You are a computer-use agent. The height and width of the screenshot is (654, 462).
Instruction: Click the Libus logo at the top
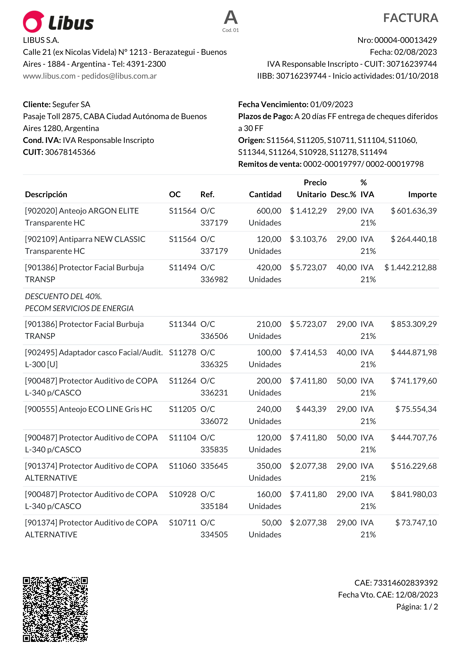58,22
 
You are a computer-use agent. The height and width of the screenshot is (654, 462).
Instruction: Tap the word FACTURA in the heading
410,18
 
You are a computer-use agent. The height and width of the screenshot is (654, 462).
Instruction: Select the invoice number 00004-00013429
405,40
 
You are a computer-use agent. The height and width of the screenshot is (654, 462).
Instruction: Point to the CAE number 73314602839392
405,583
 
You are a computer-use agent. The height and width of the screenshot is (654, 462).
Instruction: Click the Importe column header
422,195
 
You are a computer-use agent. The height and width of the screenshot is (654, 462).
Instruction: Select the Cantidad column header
265,195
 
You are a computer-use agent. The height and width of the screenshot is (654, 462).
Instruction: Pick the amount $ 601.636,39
414,211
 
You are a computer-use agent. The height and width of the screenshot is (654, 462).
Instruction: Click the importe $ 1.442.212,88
410,267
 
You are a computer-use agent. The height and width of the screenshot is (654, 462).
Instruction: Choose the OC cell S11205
182,409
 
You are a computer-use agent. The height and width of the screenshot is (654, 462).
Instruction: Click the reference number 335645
214,466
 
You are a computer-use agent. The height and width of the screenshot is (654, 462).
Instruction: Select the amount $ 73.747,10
416,523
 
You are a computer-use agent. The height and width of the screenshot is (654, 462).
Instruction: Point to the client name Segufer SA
71,105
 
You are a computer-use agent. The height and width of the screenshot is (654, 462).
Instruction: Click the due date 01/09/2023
331,105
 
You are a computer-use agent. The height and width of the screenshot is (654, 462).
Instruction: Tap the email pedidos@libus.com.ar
119,76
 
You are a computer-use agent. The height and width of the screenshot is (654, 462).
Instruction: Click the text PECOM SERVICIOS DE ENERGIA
79,308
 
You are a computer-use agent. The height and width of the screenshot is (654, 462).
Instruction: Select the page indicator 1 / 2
430,607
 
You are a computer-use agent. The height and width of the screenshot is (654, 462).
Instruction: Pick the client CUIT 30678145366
70,152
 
